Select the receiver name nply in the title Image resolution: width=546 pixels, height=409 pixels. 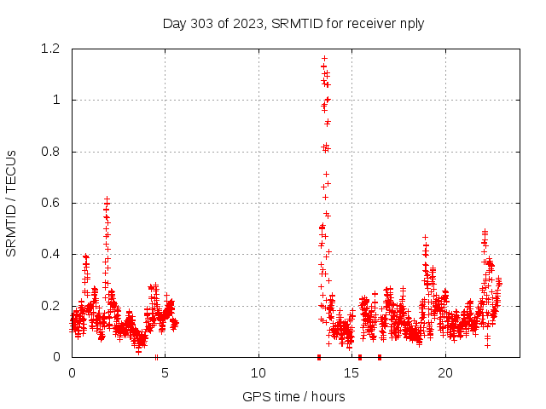coord(409,23)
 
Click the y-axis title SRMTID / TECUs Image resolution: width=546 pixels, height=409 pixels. coord(11,203)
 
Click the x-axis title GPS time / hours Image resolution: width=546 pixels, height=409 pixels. coord(293,396)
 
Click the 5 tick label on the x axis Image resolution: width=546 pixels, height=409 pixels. coord(166,372)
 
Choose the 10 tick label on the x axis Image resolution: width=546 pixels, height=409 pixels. coord(258,372)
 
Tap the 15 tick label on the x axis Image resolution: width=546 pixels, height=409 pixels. coord(352,372)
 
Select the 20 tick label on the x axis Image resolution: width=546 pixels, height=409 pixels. coord(445,372)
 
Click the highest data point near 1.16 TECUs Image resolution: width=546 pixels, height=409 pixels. coord(324,59)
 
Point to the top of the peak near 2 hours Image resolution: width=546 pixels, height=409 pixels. coord(107,199)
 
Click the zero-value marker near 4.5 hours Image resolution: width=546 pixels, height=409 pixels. coord(156,357)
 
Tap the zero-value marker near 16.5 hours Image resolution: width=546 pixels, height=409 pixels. coord(380,357)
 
